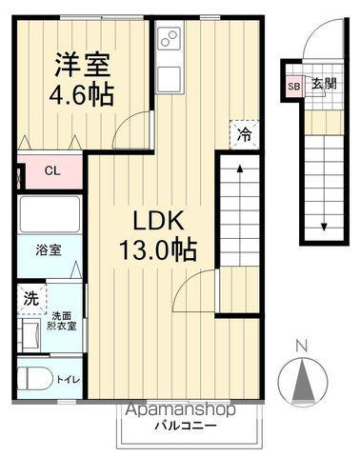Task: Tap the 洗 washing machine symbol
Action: click(30, 298)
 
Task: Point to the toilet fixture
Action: click(35, 378)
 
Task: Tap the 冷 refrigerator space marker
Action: click(243, 134)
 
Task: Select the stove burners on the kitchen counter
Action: click(169, 40)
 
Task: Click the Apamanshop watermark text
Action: click(180, 410)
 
